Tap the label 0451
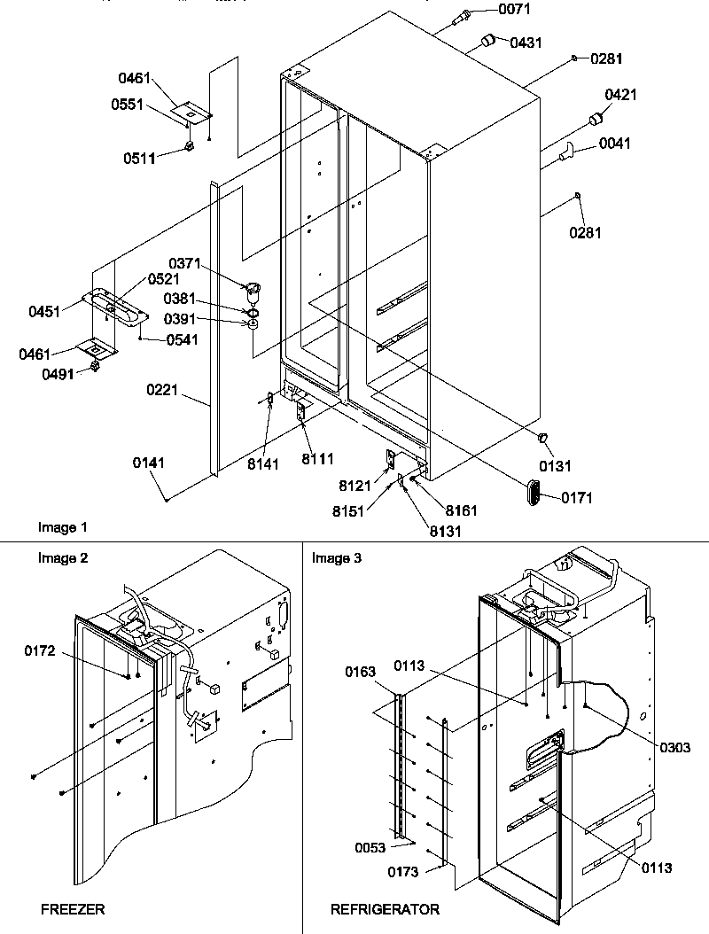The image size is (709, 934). pos(44,311)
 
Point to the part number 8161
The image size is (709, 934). pos(462,510)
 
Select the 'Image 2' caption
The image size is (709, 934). pos(62,558)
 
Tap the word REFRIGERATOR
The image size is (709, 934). pos(385,909)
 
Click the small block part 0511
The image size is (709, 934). pos(189,146)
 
